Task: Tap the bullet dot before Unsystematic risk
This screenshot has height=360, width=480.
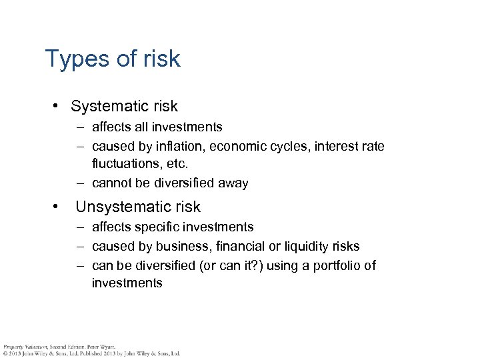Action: pyautogui.click(x=59, y=207)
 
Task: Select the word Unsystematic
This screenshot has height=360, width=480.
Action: pyautogui.click(x=119, y=207)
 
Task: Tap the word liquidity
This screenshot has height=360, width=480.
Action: pyautogui.click(x=299, y=247)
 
